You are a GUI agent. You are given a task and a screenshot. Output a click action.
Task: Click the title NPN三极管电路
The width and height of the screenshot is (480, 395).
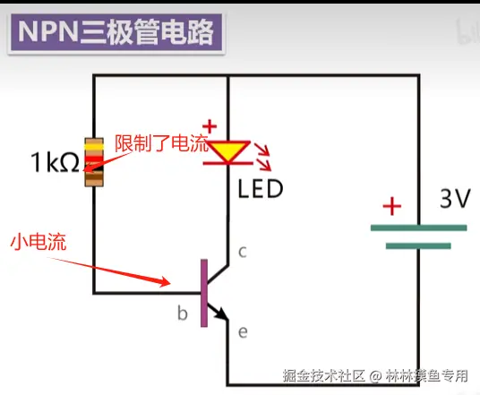(x=116, y=32)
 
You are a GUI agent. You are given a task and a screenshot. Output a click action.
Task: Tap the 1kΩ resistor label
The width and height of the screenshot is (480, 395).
(x=56, y=162)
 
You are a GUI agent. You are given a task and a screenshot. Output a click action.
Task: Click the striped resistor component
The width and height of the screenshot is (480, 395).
(x=94, y=162)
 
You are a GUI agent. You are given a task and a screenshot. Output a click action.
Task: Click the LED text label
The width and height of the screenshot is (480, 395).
(x=261, y=189)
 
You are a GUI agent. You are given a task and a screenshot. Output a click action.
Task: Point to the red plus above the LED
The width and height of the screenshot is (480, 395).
(x=210, y=126)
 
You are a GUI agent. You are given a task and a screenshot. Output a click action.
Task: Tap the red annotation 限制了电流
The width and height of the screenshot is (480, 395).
(x=161, y=142)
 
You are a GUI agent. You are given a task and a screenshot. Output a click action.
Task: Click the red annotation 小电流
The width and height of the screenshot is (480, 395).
(x=39, y=242)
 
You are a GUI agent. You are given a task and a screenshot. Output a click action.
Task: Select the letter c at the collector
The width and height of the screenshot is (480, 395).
(x=243, y=252)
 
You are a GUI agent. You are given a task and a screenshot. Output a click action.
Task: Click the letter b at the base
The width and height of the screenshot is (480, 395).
(x=183, y=313)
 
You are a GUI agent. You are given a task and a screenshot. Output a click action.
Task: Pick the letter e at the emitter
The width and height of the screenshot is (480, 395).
(x=243, y=332)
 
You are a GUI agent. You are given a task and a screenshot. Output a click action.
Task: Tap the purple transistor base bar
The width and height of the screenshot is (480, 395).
(x=204, y=293)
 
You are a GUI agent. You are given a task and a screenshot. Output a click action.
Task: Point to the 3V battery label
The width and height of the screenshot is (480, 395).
(x=455, y=199)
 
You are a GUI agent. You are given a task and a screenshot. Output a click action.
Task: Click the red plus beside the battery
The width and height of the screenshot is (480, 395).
(x=392, y=206)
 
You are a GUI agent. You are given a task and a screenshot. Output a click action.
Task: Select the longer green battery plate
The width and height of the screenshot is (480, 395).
(x=418, y=228)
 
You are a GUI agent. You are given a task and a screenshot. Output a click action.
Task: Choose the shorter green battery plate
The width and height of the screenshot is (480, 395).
(x=418, y=246)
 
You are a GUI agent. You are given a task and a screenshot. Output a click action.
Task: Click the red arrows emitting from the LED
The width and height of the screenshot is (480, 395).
(x=263, y=158)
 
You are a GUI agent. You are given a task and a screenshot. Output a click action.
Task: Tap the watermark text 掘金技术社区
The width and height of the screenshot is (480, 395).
(x=324, y=375)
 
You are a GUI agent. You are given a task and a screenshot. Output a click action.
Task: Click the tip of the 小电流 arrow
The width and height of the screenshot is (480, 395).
(x=170, y=283)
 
